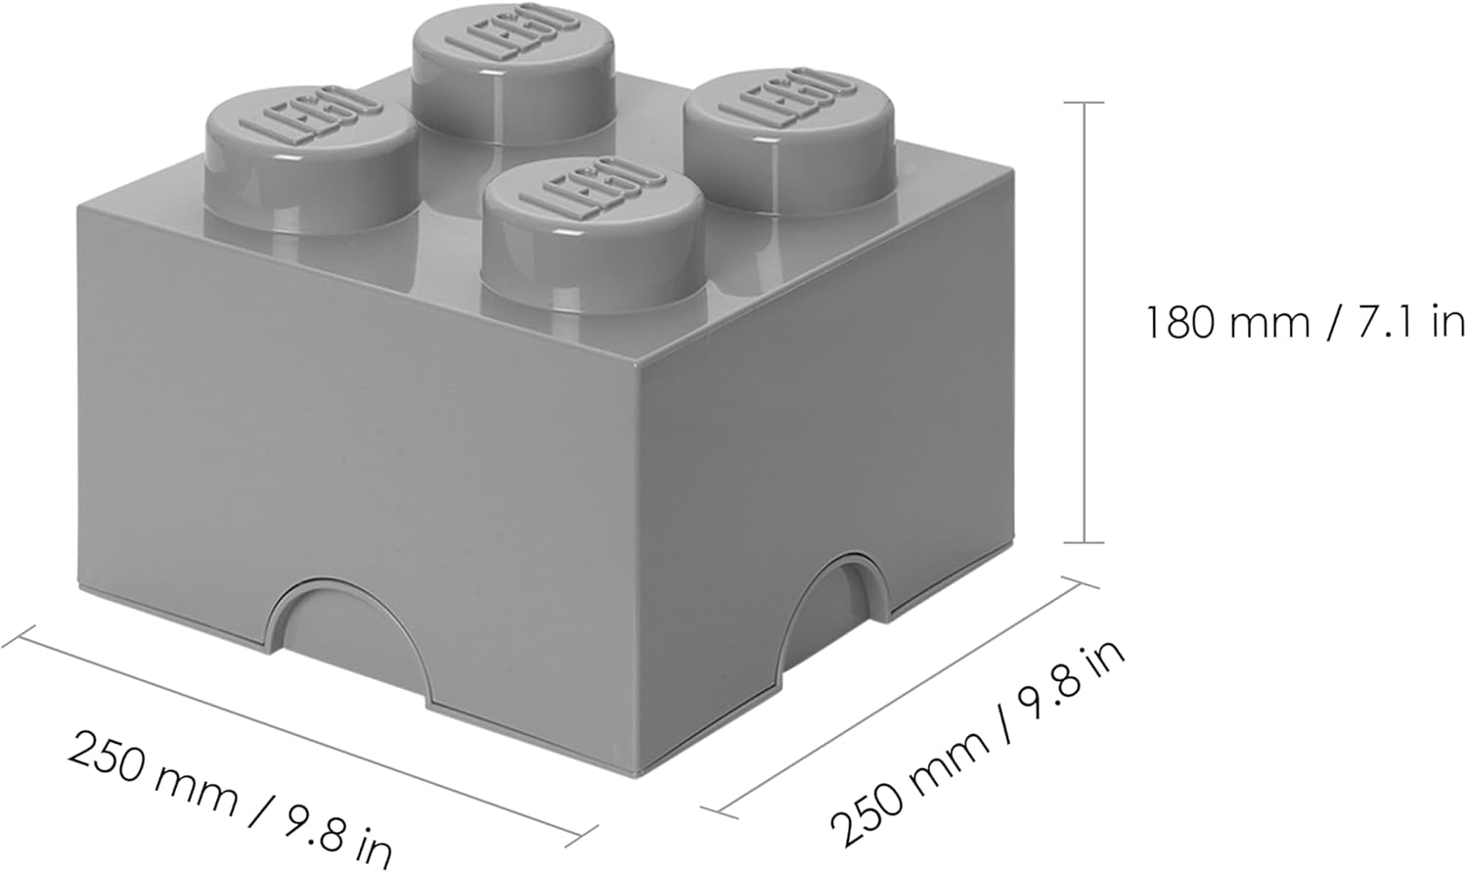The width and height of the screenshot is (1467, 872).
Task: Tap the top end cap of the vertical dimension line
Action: click(1083, 102)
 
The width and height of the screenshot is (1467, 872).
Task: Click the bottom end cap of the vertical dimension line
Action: click(1083, 542)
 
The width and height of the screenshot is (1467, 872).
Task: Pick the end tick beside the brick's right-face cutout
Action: click(1079, 584)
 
